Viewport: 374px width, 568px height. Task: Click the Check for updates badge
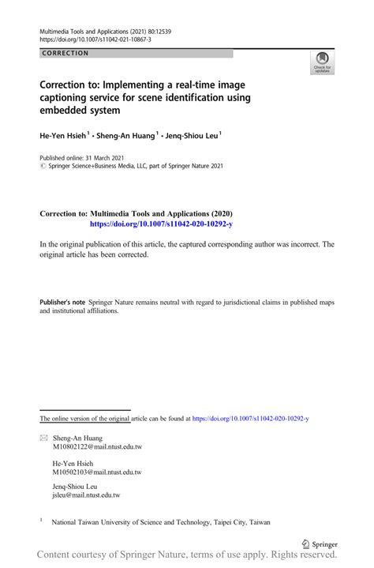click(323, 62)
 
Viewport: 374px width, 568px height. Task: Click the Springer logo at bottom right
click(321, 544)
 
